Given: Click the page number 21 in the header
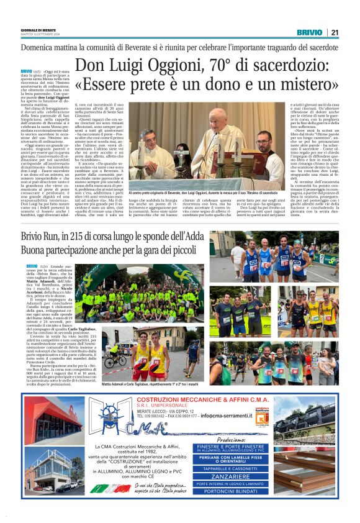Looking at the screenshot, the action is tap(335, 32).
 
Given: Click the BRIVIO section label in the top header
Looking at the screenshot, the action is tap(308, 32).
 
